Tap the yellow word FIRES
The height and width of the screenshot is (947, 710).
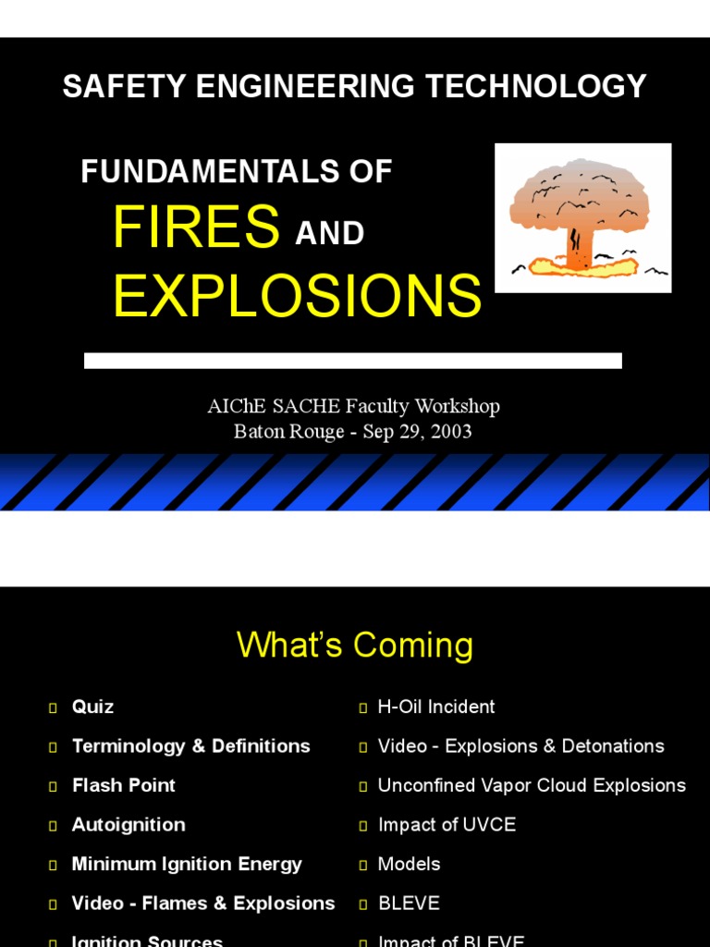196,227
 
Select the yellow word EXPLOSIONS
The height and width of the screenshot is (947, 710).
297,296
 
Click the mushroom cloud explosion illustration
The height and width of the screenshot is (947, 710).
582,218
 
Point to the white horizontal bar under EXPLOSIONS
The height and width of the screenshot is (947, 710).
352,361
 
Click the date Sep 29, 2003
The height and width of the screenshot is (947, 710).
417,432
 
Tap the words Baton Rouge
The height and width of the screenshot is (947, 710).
288,432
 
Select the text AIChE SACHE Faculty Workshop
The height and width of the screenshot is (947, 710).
353,406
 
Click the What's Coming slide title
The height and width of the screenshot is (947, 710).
355,646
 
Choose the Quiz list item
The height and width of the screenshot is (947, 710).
92,707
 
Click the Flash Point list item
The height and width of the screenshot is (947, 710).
123,785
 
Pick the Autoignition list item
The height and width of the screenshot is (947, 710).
129,824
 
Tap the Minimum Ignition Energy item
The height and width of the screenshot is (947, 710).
187,864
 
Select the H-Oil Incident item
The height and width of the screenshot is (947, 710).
436,707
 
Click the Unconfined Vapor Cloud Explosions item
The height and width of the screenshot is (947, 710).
532,785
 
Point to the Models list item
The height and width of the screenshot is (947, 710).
409,864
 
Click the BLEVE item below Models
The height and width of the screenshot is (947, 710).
409,903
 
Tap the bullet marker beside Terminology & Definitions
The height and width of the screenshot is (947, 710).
53,747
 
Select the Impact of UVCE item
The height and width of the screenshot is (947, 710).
447,824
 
